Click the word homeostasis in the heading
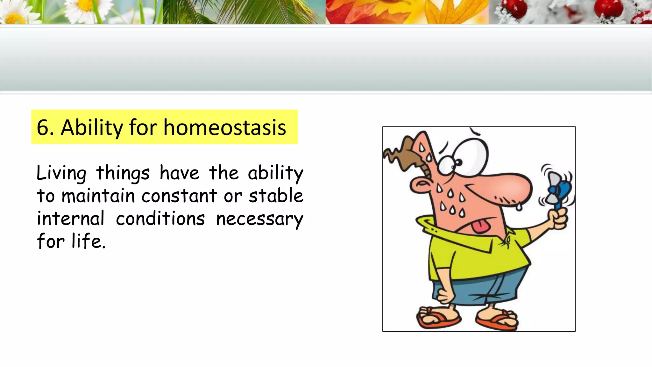(x=225, y=127)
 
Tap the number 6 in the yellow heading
(x=43, y=127)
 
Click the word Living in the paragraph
(x=61, y=174)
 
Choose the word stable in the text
(x=276, y=196)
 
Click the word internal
(x=71, y=219)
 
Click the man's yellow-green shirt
(x=478, y=255)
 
